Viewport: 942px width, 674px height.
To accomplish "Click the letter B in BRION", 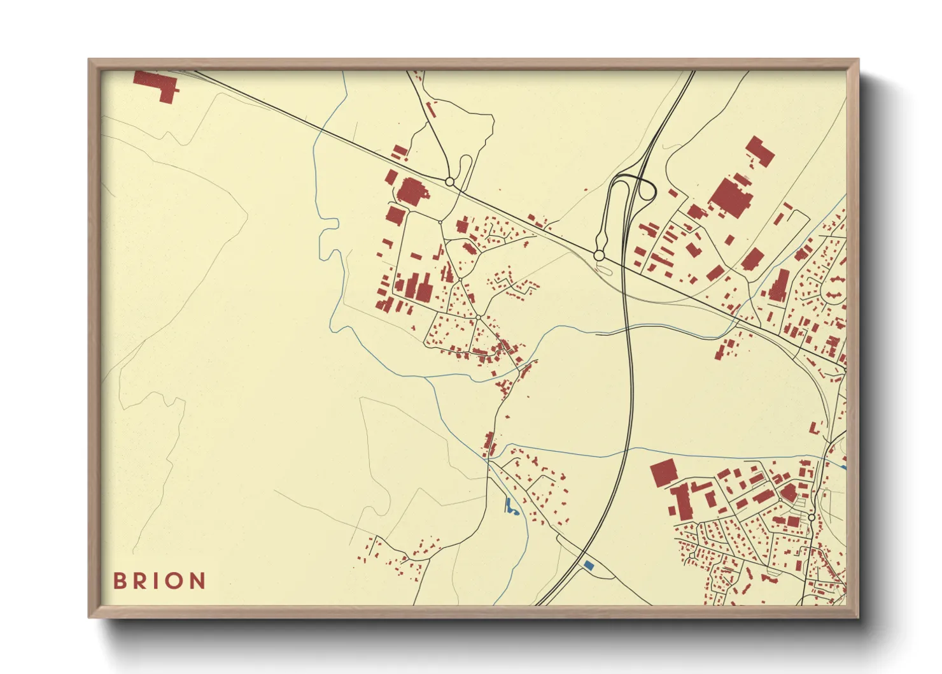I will pyautogui.click(x=118, y=580).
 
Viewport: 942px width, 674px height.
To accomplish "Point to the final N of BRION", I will pyautogui.click(x=198, y=580).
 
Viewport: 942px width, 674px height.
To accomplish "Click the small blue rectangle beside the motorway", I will pyautogui.click(x=589, y=564).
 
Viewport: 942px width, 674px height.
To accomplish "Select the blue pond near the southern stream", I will pyautogui.click(x=510, y=507).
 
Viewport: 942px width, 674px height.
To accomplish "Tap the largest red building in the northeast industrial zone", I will pyautogui.click(x=731, y=196).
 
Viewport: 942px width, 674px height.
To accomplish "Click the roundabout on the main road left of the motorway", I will pyautogui.click(x=598, y=255).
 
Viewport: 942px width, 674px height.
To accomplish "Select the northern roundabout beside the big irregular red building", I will pyautogui.click(x=449, y=182).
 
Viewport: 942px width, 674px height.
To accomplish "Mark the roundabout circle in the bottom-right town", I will pyautogui.click(x=812, y=517).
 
